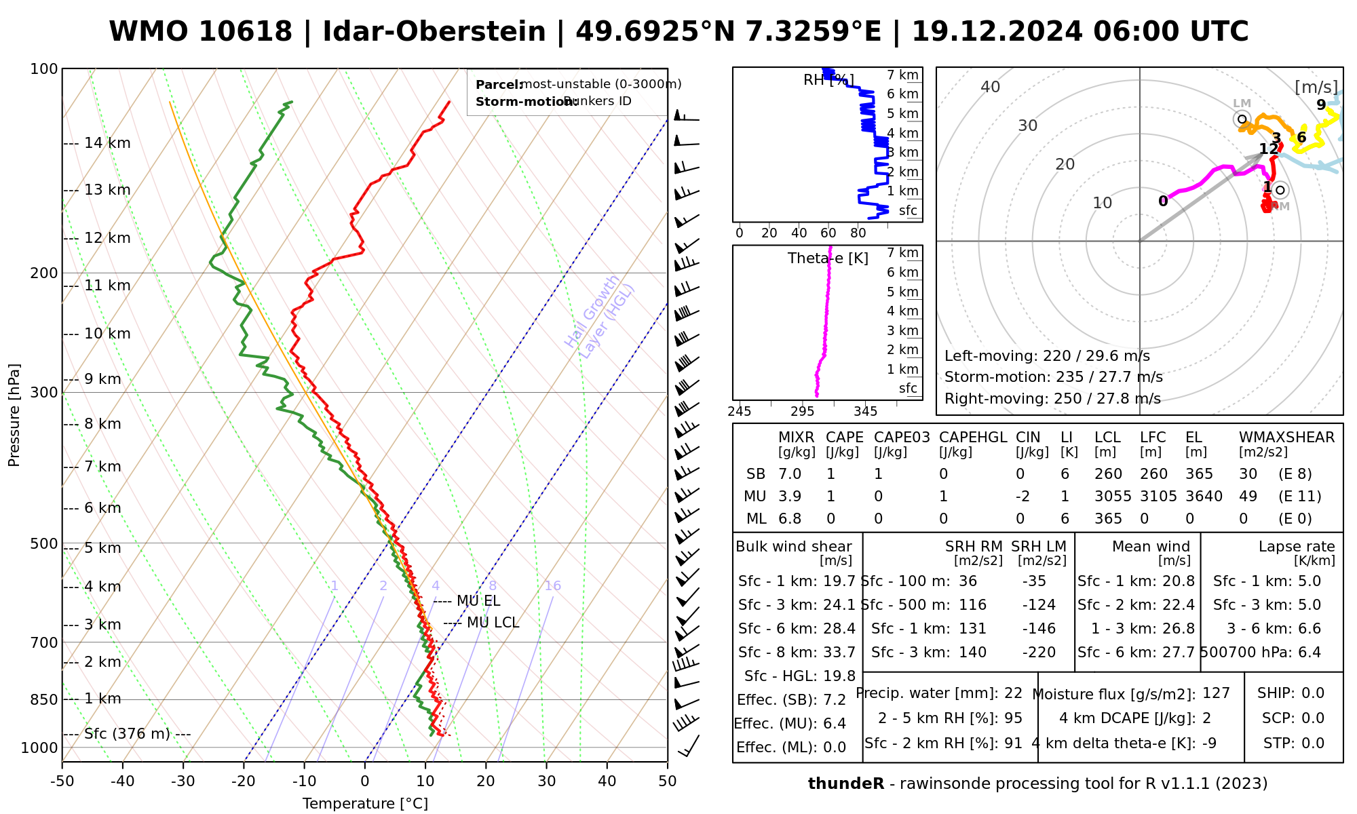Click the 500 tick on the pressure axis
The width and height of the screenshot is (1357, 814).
coord(44,544)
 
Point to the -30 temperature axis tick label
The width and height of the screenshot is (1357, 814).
coord(183,781)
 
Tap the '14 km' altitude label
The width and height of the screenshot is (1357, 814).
coord(107,143)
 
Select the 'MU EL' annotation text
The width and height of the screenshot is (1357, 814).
coord(478,601)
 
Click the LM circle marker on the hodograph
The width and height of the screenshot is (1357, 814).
coord(1242,119)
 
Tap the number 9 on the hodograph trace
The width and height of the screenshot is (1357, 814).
coord(1320,104)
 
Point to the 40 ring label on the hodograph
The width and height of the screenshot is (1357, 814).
coord(991,87)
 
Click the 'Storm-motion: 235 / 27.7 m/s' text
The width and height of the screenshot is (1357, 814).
coord(1053,377)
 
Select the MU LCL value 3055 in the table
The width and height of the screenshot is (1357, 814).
coord(1113,497)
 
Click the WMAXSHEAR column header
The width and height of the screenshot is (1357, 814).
coord(1286,438)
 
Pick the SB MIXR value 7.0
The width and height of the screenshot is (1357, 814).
coord(790,474)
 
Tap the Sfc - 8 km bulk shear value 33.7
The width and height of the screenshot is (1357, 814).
coord(839,653)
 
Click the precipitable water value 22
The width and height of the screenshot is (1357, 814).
coord(1013,693)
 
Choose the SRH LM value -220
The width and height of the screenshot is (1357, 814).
coord(1039,653)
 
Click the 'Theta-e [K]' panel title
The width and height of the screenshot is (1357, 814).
coord(828,258)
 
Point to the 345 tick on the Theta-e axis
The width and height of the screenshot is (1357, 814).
coord(865,412)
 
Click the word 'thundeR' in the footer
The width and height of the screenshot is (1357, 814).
coord(845,784)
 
